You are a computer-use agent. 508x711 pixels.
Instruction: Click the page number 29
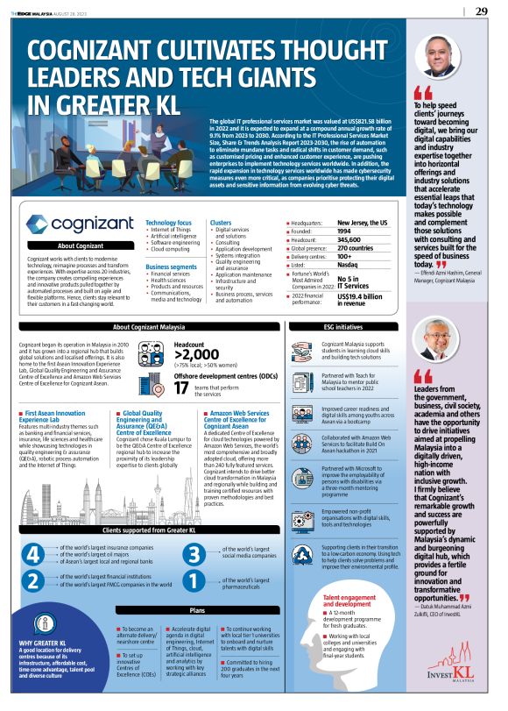[x=481, y=11]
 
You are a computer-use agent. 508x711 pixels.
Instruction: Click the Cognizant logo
[x=80, y=225]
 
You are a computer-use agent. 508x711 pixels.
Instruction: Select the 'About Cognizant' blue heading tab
[x=80, y=246]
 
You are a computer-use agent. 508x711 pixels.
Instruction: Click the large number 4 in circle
[x=32, y=555]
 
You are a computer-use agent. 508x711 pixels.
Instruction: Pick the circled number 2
[x=32, y=580]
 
